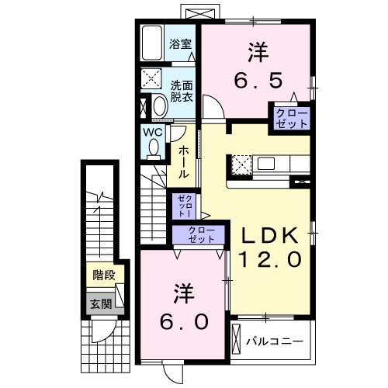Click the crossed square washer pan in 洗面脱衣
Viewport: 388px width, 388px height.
click(151, 80)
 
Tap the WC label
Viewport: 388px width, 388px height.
click(153, 132)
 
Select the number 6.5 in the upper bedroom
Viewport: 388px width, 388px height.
click(258, 79)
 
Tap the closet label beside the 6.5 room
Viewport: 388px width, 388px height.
click(291, 118)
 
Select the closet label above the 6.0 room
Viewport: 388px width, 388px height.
click(199, 235)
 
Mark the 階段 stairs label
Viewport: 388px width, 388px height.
click(104, 275)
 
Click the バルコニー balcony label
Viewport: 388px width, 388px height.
click(273, 340)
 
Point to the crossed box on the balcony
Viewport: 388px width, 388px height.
click(237, 340)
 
